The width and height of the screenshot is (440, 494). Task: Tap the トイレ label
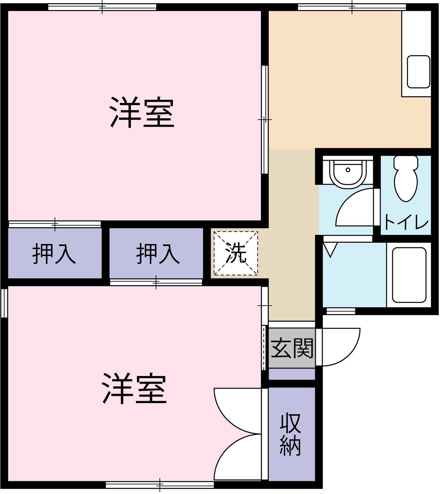[x=406, y=222]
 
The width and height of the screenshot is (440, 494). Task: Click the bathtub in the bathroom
[x=409, y=275]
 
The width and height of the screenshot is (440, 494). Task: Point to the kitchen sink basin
[x=418, y=71]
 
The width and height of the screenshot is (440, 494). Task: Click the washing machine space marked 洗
[x=235, y=253]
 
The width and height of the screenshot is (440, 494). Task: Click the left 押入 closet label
[x=54, y=254]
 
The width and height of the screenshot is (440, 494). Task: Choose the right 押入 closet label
[x=158, y=254]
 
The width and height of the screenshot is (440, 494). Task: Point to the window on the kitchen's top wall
[x=352, y=7]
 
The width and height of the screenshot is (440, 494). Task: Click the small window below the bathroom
[x=341, y=311]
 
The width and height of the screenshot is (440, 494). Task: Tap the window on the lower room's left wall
[x=4, y=303]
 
